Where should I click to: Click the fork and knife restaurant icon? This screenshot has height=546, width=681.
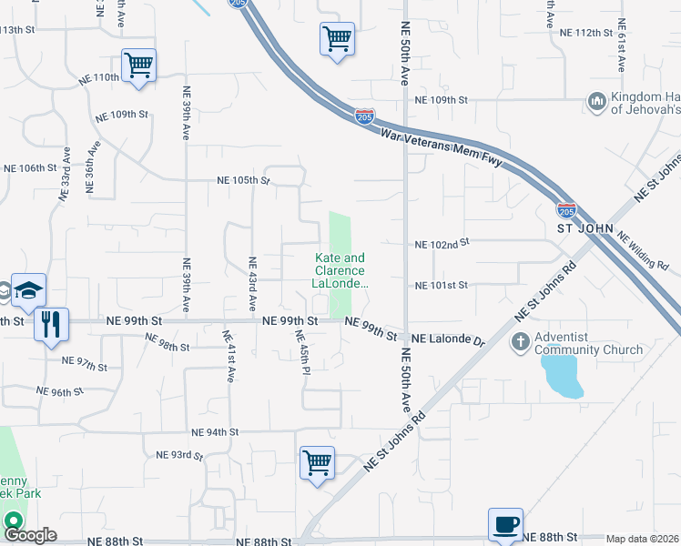tap(49, 323)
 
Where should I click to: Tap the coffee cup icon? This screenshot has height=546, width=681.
tap(505, 524)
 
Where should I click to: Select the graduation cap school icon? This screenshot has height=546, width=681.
tap(28, 290)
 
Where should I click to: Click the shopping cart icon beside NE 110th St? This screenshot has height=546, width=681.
tap(139, 65)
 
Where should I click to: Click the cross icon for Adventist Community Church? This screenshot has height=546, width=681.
tap(520, 343)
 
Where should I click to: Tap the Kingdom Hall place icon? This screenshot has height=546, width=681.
tap(597, 100)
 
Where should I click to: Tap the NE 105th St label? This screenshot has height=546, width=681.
tap(244, 180)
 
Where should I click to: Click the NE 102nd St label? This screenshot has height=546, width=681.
tap(441, 244)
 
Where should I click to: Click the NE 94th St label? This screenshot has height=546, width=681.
tap(215, 432)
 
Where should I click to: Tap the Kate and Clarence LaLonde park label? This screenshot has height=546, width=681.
tap(340, 271)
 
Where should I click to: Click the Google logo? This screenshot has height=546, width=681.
tap(30, 535)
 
